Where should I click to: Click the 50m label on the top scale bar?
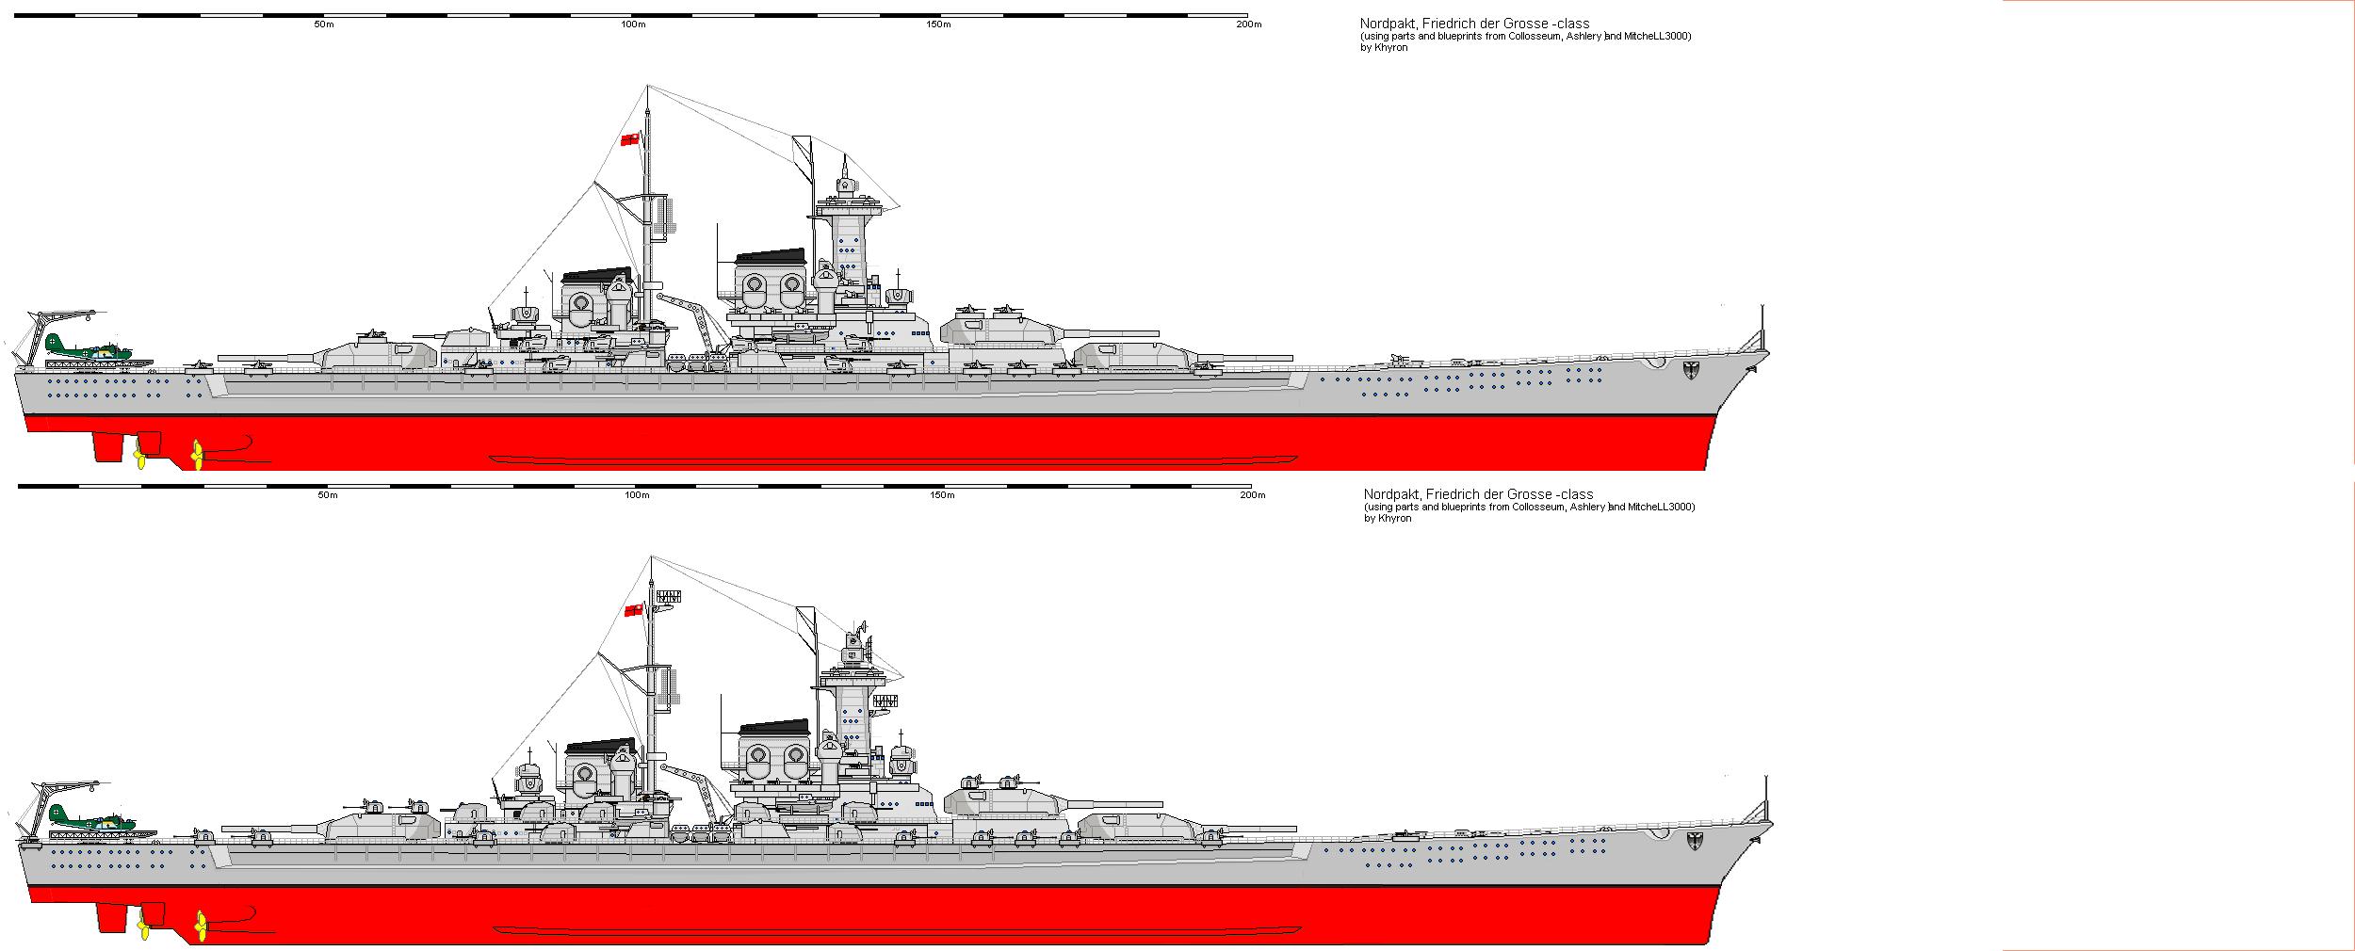(323, 24)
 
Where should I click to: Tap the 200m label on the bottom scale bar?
(1252, 495)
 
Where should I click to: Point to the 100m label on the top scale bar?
(634, 24)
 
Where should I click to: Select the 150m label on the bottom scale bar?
(942, 495)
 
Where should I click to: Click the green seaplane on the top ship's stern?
(87, 349)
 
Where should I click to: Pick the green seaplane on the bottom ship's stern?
(90, 819)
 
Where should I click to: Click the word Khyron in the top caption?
(1389, 48)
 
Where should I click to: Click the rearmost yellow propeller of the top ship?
(139, 459)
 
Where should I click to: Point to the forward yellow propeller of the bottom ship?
(201, 927)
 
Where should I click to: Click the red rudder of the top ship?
(108, 447)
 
